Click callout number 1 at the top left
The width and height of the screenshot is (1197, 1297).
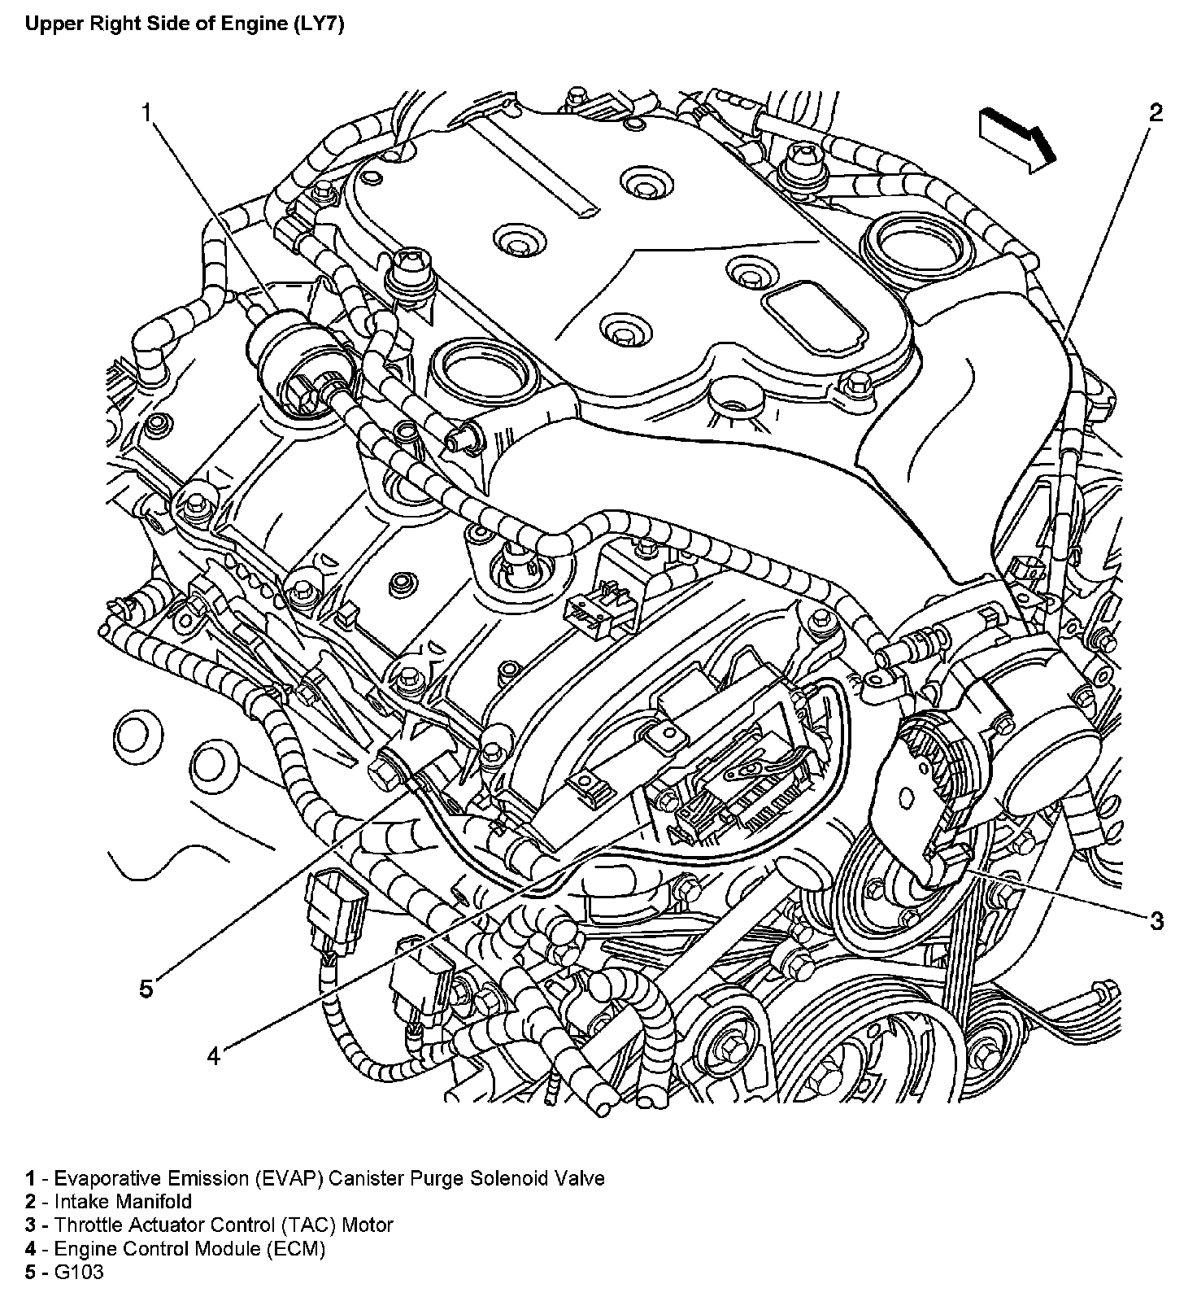pyautogui.click(x=147, y=111)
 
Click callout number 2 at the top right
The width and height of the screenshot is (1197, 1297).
pyautogui.click(x=1156, y=112)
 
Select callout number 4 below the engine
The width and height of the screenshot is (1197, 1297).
pyautogui.click(x=213, y=1056)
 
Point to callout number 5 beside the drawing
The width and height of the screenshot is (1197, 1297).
pyautogui.click(x=146, y=989)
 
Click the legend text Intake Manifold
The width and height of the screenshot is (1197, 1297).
pyautogui.click(x=124, y=1201)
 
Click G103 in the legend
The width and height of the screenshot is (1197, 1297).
pyautogui.click(x=79, y=1272)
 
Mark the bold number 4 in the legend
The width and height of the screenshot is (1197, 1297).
pyautogui.click(x=30, y=1248)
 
